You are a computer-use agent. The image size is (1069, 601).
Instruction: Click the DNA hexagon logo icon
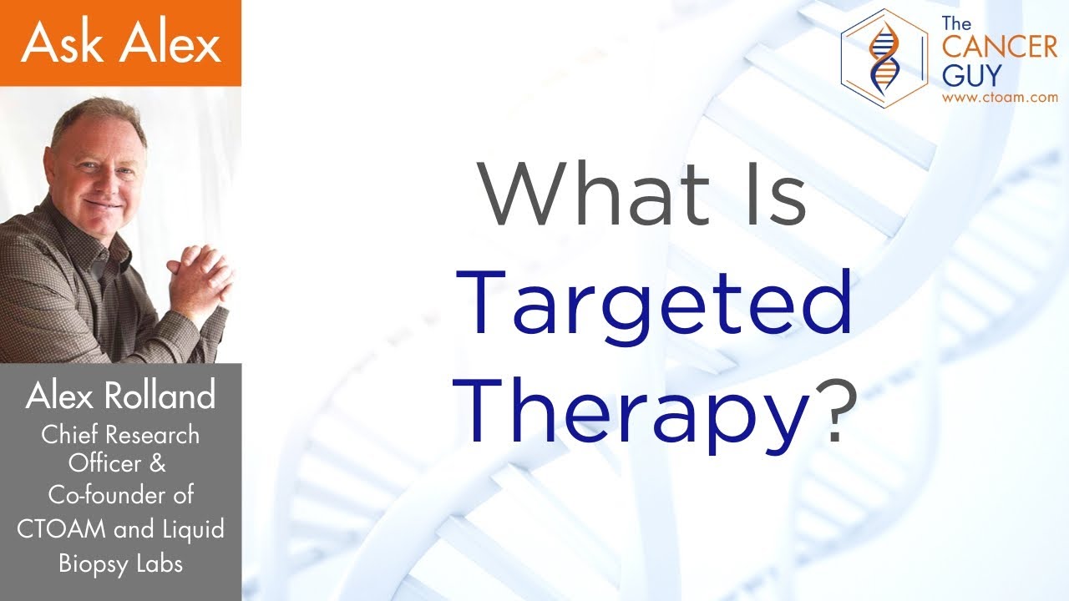884,55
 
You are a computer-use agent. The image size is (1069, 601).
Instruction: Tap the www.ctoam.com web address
999,98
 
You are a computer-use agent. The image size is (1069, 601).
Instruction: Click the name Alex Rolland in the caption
120,396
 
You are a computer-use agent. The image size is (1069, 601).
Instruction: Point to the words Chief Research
121,435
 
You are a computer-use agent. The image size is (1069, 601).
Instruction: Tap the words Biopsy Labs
120,563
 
